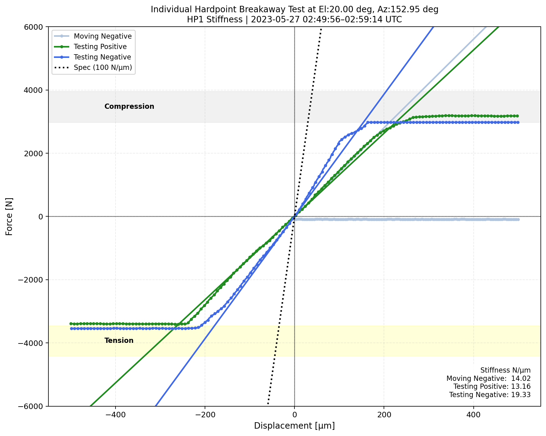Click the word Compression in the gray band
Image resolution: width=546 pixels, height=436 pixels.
click(x=129, y=107)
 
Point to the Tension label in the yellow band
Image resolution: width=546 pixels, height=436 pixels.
click(x=119, y=341)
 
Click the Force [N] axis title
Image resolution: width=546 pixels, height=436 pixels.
click(x=9, y=216)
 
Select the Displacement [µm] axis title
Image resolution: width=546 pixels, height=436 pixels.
click(x=294, y=426)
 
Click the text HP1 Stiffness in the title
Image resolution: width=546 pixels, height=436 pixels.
click(x=215, y=20)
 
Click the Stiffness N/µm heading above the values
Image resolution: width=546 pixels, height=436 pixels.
click(x=505, y=370)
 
